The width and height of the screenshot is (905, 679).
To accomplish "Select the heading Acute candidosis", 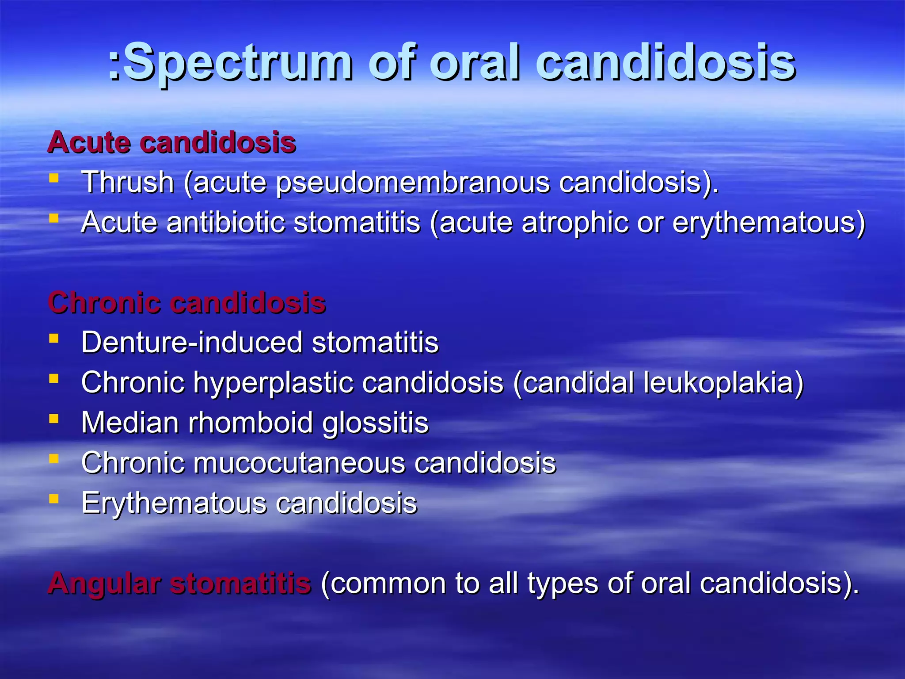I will [x=171, y=142].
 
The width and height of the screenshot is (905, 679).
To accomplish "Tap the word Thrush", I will [x=128, y=182].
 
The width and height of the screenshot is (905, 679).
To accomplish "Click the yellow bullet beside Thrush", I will [x=54, y=179].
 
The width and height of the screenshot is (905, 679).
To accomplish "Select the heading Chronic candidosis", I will [x=186, y=303].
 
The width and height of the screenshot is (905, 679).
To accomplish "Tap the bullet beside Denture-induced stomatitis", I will [x=54, y=339].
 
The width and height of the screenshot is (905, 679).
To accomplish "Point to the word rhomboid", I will [x=251, y=423].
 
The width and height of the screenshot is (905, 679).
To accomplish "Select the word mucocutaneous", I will [x=299, y=463].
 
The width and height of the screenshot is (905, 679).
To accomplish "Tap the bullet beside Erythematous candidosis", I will [x=54, y=499].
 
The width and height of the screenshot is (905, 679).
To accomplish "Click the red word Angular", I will [x=104, y=584].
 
